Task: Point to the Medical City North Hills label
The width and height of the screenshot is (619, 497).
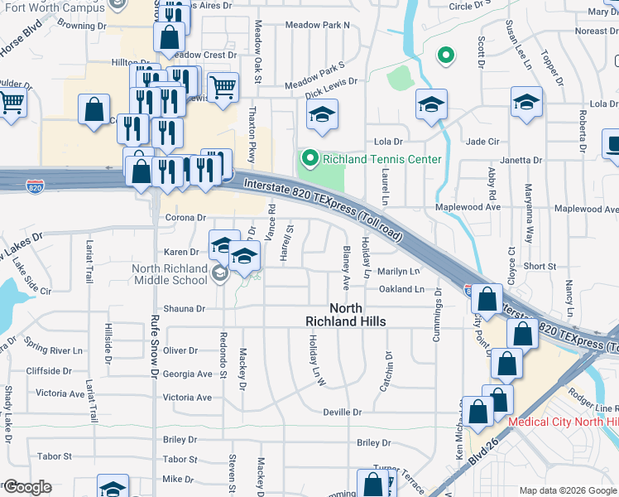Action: (x=564, y=422)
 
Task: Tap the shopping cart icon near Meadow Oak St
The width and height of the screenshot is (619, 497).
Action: (x=223, y=86)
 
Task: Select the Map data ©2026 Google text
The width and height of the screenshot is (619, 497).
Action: (x=568, y=490)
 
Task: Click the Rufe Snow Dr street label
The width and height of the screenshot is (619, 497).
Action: (x=155, y=348)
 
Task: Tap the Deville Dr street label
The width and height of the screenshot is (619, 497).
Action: (x=343, y=412)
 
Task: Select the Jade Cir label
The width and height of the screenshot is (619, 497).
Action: (x=481, y=142)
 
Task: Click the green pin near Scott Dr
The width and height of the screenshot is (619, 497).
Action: (x=445, y=56)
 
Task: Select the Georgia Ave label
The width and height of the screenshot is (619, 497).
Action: (x=188, y=374)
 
